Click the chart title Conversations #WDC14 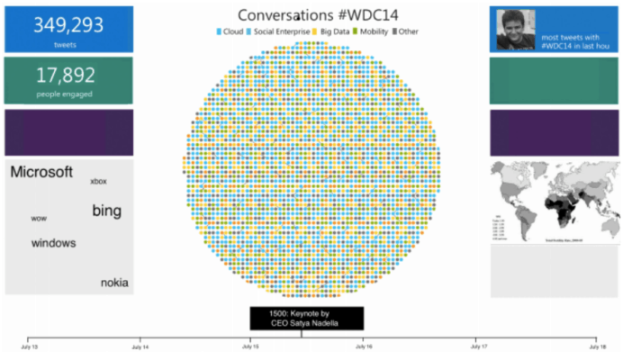(305, 15)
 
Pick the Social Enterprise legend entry (278, 32)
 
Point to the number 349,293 (68, 25)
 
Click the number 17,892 (68, 76)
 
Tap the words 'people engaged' (68, 94)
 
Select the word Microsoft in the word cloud (41, 173)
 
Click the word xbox (98, 182)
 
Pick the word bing (106, 211)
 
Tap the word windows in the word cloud (53, 243)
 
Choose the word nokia (114, 283)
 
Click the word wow (39, 219)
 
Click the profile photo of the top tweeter (514, 29)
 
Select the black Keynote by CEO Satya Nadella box (306, 319)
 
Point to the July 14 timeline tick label (140, 346)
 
